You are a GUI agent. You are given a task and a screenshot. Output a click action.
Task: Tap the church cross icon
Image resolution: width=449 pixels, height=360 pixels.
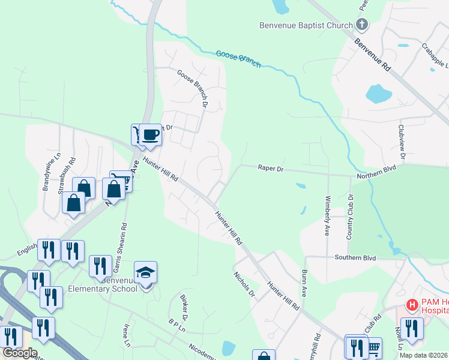click(361, 25)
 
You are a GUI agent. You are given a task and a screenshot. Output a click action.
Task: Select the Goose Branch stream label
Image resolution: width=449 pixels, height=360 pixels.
click(238, 59)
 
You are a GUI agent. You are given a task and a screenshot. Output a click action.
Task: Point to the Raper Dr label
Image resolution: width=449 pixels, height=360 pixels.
click(270, 169)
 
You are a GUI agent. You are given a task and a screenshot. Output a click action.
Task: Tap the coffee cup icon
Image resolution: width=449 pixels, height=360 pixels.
click(151, 134)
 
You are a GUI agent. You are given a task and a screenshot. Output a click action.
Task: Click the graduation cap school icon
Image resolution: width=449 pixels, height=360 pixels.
click(145, 273)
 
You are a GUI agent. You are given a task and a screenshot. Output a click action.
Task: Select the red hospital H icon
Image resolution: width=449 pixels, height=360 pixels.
click(412, 305)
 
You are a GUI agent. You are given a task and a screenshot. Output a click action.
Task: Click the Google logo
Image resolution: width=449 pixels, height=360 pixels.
click(20, 353)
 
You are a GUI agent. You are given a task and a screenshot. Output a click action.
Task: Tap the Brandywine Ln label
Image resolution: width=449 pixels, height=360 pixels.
click(50, 172)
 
